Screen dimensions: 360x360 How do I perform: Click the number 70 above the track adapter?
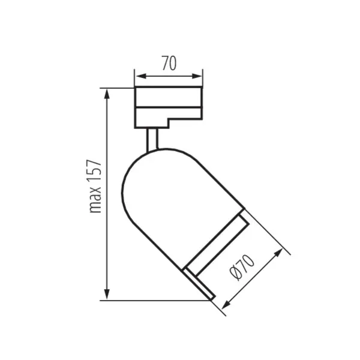tap(169, 63)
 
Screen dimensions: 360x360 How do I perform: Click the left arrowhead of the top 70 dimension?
tap(138, 76)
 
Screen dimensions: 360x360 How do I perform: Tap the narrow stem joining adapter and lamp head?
tap(152, 139)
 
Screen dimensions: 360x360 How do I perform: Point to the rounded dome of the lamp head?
tap(144, 174)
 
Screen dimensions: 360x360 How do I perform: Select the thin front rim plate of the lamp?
tap(199, 283)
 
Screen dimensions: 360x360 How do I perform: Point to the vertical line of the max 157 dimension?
tap(107, 240)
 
